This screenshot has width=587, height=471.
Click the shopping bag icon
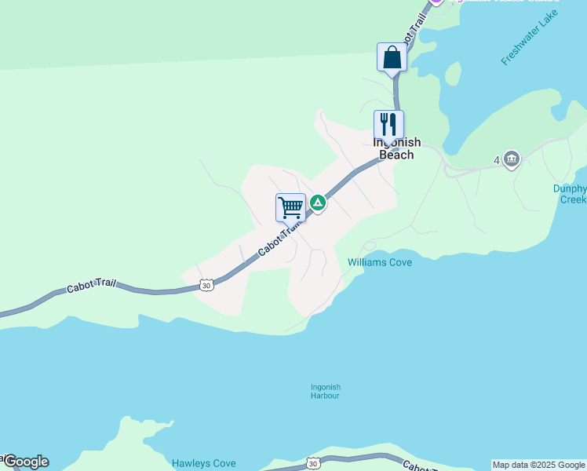coord(392,57)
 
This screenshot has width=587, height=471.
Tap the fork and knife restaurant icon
coord(388,125)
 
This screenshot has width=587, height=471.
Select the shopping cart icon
coord(290,208)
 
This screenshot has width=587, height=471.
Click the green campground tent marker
coord(317,203)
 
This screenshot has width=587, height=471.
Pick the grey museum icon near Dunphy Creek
coord(512,159)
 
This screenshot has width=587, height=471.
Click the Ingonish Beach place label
coord(396,148)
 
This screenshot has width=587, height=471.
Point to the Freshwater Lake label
coord(530,38)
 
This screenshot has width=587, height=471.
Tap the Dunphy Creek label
coord(569,194)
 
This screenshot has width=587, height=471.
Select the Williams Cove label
coord(380,262)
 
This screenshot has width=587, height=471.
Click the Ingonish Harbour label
coord(326,391)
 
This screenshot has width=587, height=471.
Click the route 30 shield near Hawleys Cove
coord(313,464)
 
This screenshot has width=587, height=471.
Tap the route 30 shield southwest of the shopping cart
coord(206,285)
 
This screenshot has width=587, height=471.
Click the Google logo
coord(25,462)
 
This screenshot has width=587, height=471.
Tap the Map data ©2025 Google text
coord(539,465)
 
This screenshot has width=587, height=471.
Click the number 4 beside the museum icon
coord(497,160)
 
